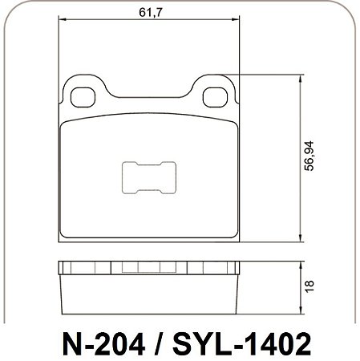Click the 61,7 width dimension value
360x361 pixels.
tap(151, 12)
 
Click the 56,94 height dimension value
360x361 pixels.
tap(309, 156)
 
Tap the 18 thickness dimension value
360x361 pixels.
tap(309, 286)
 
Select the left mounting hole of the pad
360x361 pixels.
tap(83, 97)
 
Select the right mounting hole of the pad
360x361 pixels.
tap(215, 97)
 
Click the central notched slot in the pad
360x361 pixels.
tap(149, 177)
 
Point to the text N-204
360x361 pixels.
tap(104, 344)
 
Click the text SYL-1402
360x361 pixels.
tap(242, 344)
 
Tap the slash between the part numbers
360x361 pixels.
tap(160, 344)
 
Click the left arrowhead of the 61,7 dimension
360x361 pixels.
tap(62, 19)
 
